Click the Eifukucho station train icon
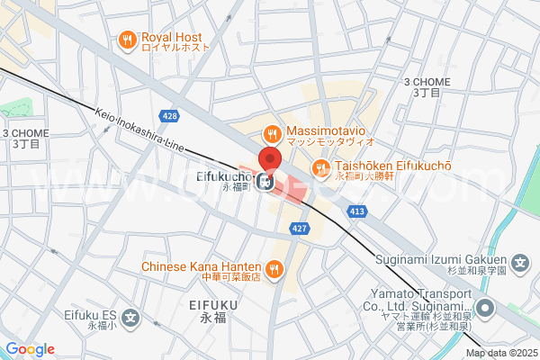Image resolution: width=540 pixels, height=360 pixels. [265, 183]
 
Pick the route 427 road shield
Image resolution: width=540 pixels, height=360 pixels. [301, 229]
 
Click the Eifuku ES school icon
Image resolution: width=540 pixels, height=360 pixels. [131, 317]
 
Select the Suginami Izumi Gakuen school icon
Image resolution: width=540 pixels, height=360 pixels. [519, 265]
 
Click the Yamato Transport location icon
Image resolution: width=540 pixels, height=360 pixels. [486, 309]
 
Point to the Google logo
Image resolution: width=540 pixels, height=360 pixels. [30, 349]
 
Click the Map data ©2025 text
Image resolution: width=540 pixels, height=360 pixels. [500, 353]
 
